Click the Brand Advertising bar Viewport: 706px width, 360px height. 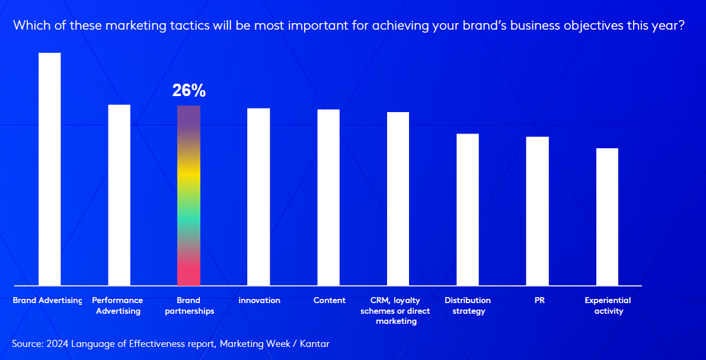tap(49, 169)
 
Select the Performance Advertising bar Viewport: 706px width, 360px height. tap(119, 195)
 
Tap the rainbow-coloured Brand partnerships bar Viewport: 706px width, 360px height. tap(189, 196)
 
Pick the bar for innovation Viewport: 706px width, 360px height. tap(258, 197)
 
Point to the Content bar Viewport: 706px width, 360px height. tap(328, 197)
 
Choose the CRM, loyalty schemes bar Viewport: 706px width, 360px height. tap(398, 199)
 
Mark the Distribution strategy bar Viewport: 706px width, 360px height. tap(468, 209)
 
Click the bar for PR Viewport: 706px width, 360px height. tap(538, 211)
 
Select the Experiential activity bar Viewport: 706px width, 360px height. tap(607, 217)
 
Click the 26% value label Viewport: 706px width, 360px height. tap(189, 91)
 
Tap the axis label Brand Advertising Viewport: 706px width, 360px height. tap(47, 301)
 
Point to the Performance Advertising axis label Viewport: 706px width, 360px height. tap(118, 305)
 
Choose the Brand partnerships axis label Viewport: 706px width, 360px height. tap(189, 305)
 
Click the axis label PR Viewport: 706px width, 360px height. tap(539, 301)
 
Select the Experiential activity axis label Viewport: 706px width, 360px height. tap(608, 305)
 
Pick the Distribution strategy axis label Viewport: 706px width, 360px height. tap(468, 305)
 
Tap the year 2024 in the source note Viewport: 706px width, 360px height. tap(58, 343)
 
